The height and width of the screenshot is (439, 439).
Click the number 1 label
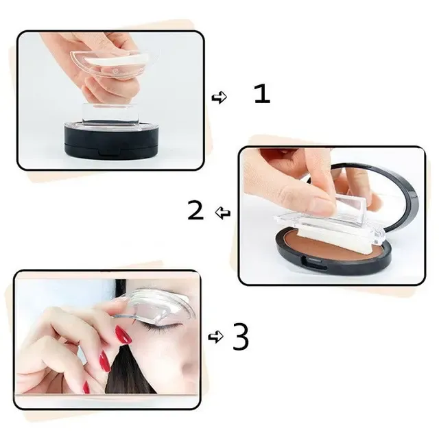[262, 94]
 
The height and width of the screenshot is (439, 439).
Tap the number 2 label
[195, 211]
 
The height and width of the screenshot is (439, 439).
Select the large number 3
[240, 337]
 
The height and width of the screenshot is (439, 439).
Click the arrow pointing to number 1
[219, 97]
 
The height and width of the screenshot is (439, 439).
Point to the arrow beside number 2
[223, 214]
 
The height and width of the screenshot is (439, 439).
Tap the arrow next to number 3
[215, 337]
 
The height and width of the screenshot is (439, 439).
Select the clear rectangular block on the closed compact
[114, 114]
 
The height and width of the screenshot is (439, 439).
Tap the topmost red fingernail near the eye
[123, 335]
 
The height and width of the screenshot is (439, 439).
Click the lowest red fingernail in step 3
[86, 388]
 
